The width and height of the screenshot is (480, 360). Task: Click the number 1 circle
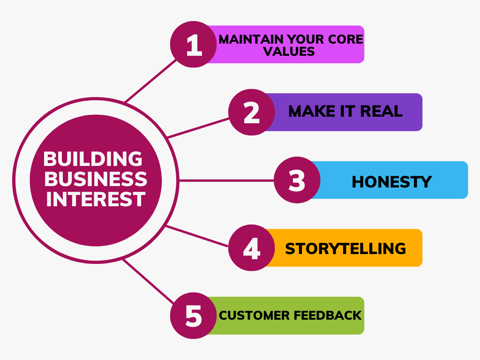pyautogui.click(x=194, y=45)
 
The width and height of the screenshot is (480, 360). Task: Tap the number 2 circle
pyautogui.click(x=252, y=112)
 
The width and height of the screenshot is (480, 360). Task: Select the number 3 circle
pyautogui.click(x=297, y=180)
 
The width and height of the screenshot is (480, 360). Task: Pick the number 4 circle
pyautogui.click(x=252, y=247)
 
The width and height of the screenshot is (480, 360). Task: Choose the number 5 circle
pyautogui.click(x=194, y=315)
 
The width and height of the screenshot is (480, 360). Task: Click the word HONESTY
pyautogui.click(x=391, y=182)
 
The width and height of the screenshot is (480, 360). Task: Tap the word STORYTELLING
pyautogui.click(x=345, y=248)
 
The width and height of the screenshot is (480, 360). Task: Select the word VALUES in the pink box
pyautogui.click(x=289, y=52)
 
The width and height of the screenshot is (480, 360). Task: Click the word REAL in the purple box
pyautogui.click(x=381, y=111)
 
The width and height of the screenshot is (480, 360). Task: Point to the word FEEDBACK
pyautogui.click(x=328, y=315)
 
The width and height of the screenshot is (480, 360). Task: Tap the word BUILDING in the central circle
pyautogui.click(x=93, y=159)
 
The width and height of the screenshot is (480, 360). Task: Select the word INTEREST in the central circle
pyautogui.click(x=96, y=199)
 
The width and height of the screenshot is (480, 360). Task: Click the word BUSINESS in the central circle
pyautogui.click(x=96, y=179)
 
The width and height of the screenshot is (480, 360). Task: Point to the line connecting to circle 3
pyautogui.click(x=226, y=180)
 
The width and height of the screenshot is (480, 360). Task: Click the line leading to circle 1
pyautogui.click(x=150, y=81)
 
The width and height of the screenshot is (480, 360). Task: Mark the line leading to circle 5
pyautogui.click(x=149, y=282)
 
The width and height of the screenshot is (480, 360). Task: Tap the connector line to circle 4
pyautogui.click(x=197, y=236)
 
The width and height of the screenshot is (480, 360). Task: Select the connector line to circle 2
pyautogui.click(x=198, y=128)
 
